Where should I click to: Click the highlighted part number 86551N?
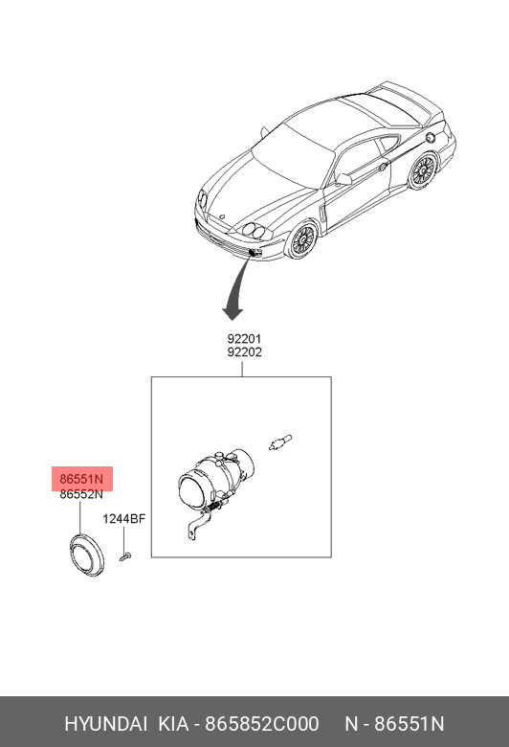81,479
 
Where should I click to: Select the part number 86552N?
81,494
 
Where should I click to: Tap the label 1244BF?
123,519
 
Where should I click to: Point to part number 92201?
244,339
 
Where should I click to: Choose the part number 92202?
244,352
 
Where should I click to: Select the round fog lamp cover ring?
86,556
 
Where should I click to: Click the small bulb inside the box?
280,442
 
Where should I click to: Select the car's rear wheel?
423,171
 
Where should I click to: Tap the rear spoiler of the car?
409,99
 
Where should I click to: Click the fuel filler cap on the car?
430,138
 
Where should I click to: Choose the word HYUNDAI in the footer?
105,724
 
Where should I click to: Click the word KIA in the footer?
173,724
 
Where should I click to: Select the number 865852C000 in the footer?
261,724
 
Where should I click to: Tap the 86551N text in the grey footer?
409,724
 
